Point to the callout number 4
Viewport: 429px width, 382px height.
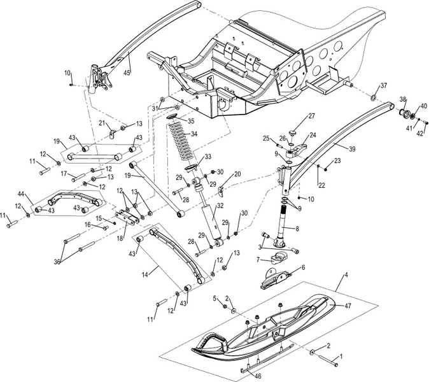[346, 276]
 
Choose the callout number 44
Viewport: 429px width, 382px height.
[22, 194]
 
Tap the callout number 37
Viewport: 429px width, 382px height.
[383, 85]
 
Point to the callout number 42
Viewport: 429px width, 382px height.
[419, 133]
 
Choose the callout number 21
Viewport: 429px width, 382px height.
[101, 123]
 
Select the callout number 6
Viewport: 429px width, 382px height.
[302, 268]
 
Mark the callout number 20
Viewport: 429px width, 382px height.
[237, 174]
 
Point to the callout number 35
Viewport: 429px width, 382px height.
[190, 120]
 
